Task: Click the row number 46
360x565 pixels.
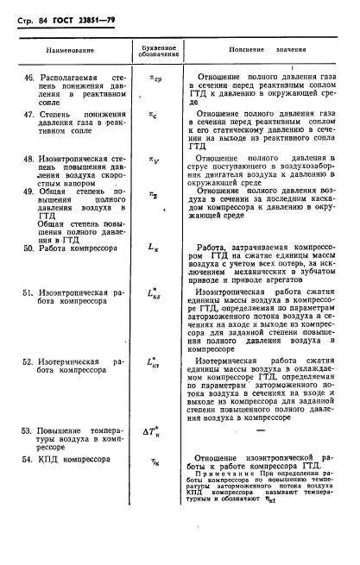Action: pyautogui.click(x=28, y=78)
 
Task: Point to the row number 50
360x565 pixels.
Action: pyautogui.click(x=28, y=248)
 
